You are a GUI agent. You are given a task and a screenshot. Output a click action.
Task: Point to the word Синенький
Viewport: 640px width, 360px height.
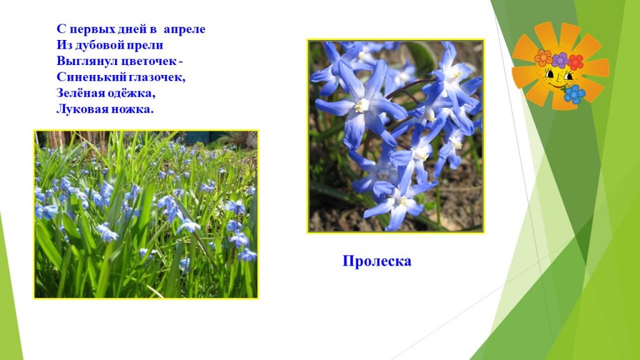pyautogui.click(x=86, y=77)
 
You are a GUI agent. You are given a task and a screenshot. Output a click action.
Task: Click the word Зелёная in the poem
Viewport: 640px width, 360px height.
pyautogui.click(x=79, y=93)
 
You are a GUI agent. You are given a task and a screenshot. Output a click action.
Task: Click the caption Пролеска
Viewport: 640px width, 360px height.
pyautogui.click(x=377, y=261)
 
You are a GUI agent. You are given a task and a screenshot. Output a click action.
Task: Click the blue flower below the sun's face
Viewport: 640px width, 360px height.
pyautogui.click(x=575, y=94)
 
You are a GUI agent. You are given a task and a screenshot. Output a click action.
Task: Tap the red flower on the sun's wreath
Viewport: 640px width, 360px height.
pyautogui.click(x=576, y=62)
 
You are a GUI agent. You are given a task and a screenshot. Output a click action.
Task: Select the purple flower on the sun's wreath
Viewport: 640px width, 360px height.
pyautogui.click(x=560, y=60)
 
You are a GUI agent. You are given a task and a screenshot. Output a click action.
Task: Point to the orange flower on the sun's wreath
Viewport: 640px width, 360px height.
pyautogui.click(x=543, y=57)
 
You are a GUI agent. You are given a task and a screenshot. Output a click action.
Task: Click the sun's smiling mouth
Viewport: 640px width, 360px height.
pyautogui.click(x=556, y=86)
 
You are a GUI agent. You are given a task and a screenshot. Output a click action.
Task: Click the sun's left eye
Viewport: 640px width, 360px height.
pyautogui.click(x=550, y=75)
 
